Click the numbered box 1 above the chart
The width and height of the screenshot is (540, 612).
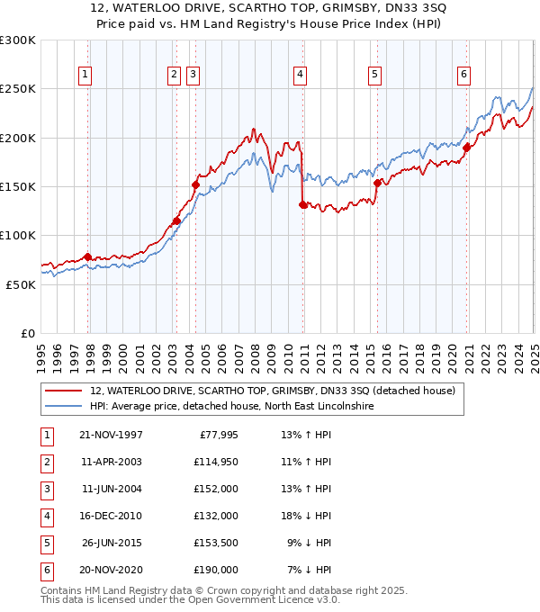point(85,75)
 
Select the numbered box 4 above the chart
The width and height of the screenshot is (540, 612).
point(299,75)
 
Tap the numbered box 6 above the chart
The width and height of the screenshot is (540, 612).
point(463,75)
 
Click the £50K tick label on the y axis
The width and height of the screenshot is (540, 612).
point(22,284)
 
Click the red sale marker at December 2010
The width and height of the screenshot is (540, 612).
point(302,204)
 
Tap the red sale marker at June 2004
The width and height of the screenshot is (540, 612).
point(195,184)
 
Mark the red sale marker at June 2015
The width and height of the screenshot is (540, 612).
point(377,183)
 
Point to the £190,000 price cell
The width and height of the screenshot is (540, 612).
point(213,570)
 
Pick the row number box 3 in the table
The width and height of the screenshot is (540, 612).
point(46,490)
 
